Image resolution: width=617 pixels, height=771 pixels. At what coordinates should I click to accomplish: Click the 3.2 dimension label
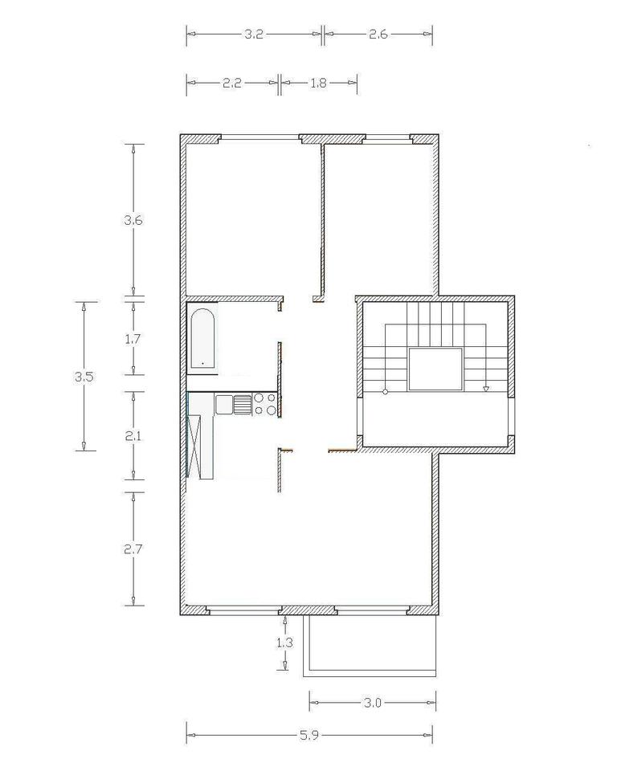click(254, 34)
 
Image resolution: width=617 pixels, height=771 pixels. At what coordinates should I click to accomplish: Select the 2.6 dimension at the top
click(378, 34)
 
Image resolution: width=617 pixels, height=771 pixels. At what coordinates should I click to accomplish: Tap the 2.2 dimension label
click(231, 83)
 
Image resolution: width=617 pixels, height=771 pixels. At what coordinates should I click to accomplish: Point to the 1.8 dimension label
click(318, 83)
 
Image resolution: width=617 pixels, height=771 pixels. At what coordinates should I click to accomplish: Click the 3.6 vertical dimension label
click(133, 220)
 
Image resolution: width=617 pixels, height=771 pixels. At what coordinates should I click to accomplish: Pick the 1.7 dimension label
click(133, 339)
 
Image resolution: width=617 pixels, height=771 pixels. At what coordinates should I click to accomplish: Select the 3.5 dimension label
click(84, 377)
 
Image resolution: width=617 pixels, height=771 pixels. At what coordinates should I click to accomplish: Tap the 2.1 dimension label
click(133, 435)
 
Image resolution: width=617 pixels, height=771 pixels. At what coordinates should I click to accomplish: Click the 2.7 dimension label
click(133, 549)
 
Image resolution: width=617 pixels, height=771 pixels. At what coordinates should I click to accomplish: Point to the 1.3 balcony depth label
click(285, 642)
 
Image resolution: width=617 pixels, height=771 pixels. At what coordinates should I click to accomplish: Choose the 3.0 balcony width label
click(373, 703)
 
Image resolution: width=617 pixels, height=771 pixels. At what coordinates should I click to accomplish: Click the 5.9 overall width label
click(309, 735)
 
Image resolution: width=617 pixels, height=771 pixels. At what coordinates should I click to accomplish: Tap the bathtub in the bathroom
click(202, 338)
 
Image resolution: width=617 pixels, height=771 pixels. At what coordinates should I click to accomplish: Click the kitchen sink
click(234, 404)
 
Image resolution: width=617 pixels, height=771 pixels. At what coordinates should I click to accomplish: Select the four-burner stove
click(265, 404)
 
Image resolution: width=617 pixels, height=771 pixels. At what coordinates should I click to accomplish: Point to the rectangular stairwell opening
click(436, 369)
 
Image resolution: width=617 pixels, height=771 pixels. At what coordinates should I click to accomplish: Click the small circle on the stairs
click(386, 391)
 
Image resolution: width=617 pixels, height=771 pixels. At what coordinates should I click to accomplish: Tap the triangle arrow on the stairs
click(485, 389)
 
